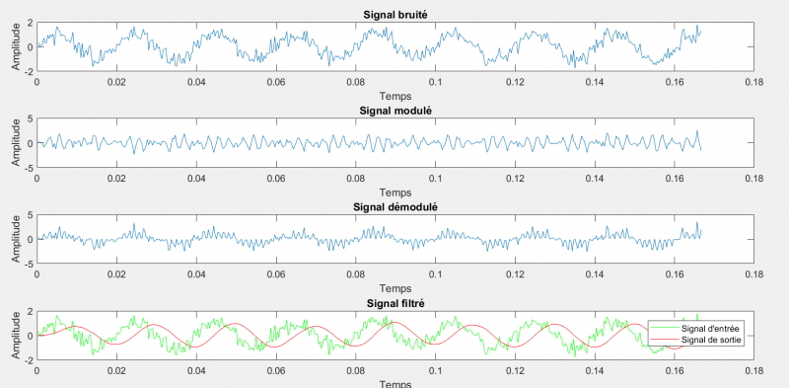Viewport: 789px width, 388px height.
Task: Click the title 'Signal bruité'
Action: coord(394,13)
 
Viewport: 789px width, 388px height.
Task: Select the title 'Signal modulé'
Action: coord(394,110)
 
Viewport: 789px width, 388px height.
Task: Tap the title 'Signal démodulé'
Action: coord(394,206)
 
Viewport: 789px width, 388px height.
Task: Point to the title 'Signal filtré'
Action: coord(394,303)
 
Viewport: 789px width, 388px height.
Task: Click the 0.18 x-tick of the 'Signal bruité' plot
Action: coord(753,83)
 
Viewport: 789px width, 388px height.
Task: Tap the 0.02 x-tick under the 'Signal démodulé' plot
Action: coord(117,275)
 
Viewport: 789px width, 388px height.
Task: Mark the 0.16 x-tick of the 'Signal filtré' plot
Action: coord(674,372)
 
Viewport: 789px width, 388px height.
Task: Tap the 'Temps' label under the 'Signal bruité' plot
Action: coord(394,96)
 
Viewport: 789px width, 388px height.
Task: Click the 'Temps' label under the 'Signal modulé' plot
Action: coord(394,193)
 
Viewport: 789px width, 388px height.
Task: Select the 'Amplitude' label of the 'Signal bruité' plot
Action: coord(14,46)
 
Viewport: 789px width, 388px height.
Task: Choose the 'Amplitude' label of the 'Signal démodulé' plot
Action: coord(14,240)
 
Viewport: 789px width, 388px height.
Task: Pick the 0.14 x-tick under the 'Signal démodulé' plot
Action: coord(594,275)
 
